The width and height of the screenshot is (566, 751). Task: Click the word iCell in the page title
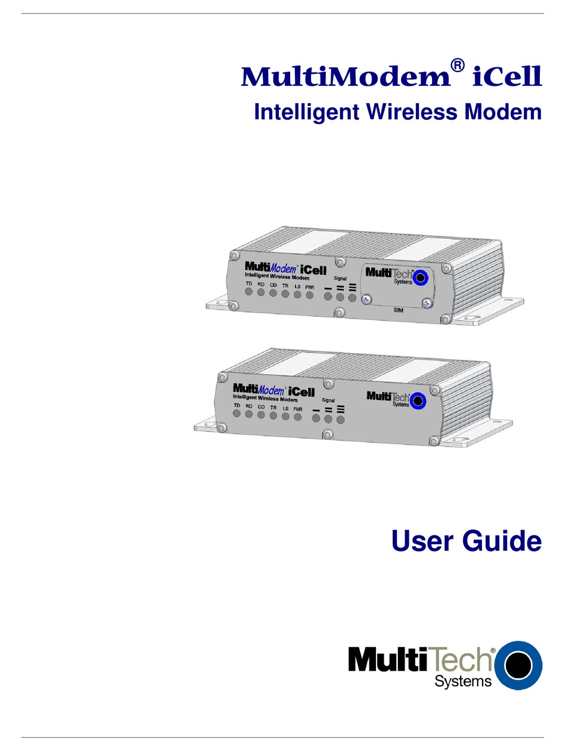(x=506, y=77)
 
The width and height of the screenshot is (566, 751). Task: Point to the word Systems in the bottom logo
(x=463, y=681)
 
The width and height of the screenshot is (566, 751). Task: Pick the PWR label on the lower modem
(x=298, y=409)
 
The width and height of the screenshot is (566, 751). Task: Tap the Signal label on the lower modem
(x=328, y=400)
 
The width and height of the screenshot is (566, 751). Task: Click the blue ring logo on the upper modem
(x=422, y=277)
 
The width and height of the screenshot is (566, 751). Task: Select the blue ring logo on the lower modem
(x=419, y=401)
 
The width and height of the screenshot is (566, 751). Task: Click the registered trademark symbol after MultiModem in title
(x=456, y=67)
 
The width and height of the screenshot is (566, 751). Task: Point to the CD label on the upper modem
(x=273, y=285)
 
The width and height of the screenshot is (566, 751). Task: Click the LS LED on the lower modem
(x=285, y=416)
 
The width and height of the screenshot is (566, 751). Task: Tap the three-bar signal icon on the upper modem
(x=352, y=287)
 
